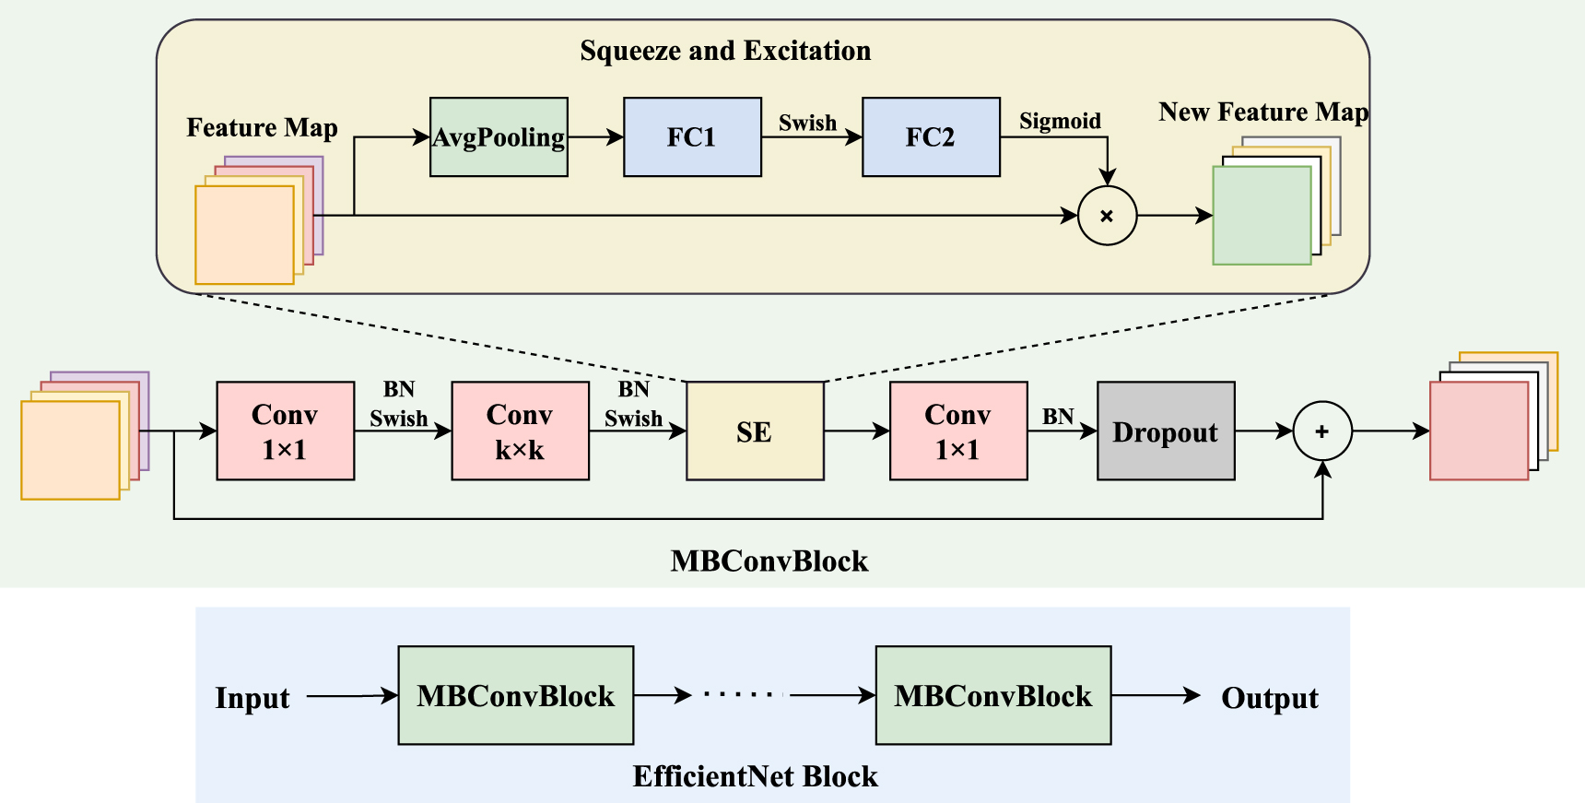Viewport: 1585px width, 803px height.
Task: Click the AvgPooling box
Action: coord(499,136)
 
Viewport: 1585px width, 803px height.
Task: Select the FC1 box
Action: coord(692,136)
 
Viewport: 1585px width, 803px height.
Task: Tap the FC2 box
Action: coord(931,136)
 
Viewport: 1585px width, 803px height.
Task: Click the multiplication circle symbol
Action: coord(1107,216)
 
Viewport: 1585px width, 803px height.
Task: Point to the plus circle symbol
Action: coord(1321,431)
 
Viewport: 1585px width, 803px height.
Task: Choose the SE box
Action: coord(755,431)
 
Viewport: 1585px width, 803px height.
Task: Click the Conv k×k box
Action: coord(520,431)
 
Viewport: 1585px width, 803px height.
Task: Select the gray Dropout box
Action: coord(1166,431)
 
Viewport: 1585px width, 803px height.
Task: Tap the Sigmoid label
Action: coord(1060,121)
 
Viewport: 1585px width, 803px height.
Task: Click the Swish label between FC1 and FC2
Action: coord(807,123)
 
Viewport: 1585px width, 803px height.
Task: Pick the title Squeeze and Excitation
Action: coord(725,51)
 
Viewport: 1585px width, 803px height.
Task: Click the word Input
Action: coord(252,698)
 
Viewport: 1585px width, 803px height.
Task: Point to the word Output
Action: coord(1269,698)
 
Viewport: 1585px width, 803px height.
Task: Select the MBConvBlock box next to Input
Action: coord(515,695)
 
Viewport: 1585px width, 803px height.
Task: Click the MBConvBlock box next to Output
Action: coord(992,695)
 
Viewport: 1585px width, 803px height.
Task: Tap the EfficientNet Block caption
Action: coord(755,776)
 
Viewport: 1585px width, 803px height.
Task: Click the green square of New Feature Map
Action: coord(1261,216)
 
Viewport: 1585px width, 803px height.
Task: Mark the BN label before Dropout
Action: coord(1058,417)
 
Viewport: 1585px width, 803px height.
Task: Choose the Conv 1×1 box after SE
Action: coord(958,431)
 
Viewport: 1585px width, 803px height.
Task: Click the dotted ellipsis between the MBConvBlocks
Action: coord(741,694)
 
